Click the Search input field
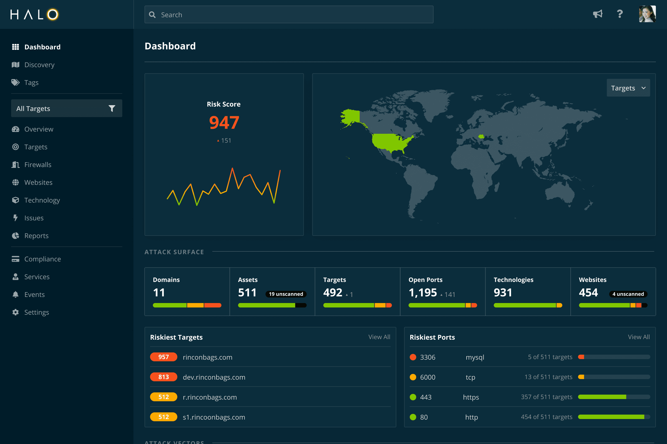point(289,14)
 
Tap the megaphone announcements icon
point(598,14)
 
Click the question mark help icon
point(620,14)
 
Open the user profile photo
point(647,14)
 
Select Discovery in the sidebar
point(39,65)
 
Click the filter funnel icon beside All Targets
point(112,109)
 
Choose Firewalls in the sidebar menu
point(38,165)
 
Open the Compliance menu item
point(43,259)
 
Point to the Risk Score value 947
point(224,123)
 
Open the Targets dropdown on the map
point(628,88)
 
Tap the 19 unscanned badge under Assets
point(286,294)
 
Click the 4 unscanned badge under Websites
point(628,294)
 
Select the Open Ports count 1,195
point(422,292)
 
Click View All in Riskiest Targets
point(379,337)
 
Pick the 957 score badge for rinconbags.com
point(164,357)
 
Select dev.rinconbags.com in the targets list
point(214,377)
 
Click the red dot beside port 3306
point(413,357)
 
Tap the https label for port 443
point(471,397)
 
